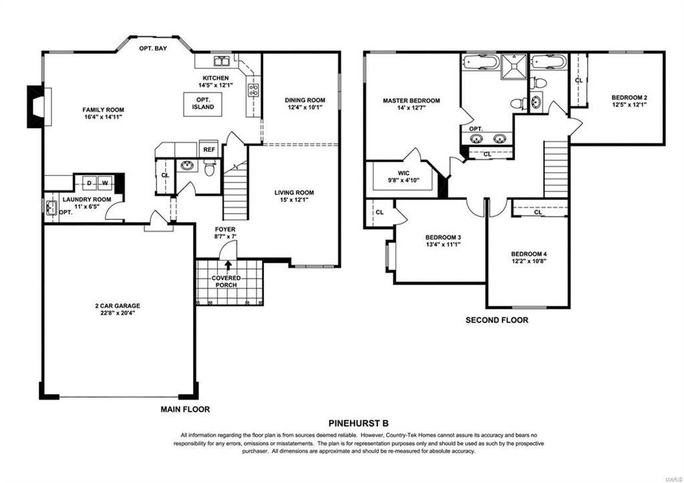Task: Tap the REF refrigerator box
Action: coord(209,149)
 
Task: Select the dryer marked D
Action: coord(90,183)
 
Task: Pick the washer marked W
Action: coord(105,183)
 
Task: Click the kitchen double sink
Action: coord(222,61)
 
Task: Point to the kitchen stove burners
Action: coord(253,90)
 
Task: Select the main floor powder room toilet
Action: coord(210,167)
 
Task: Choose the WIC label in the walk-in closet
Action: coord(403,173)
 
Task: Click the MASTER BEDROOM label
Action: coord(411,101)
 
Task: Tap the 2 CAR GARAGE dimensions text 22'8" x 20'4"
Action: coord(118,313)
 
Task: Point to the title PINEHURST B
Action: coord(358,423)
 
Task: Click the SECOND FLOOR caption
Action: coord(497,320)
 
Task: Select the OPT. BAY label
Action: coord(153,48)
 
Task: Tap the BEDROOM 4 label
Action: coord(529,254)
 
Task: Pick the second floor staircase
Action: coord(556,169)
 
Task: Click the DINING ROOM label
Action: coord(305,100)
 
